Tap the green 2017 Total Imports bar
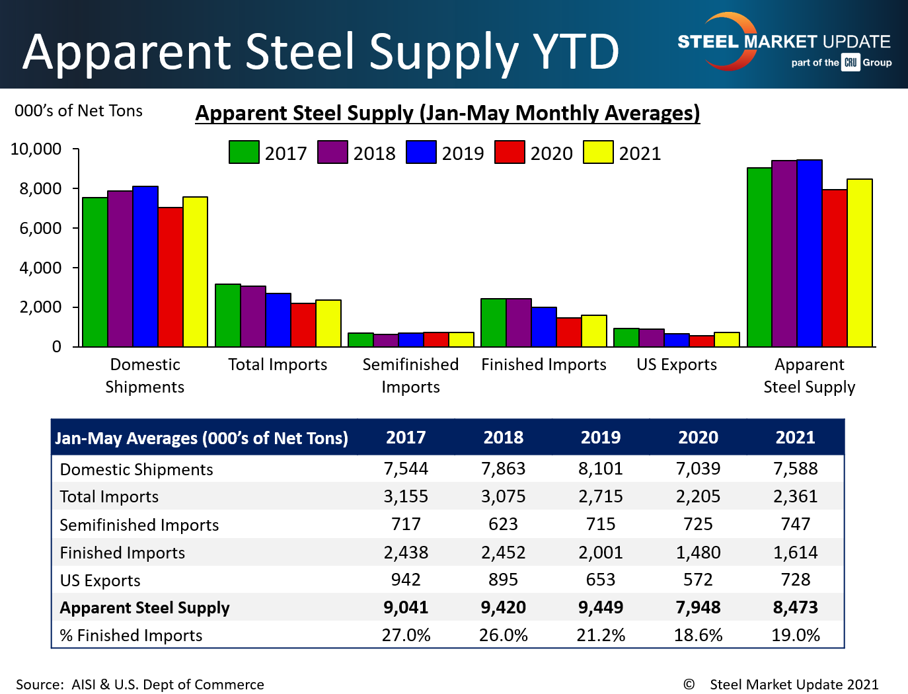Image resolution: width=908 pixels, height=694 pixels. click(228, 315)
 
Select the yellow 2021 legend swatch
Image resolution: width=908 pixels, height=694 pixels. click(598, 152)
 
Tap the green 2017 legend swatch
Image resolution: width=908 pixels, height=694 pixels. click(244, 152)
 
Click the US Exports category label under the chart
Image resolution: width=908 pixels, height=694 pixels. click(676, 365)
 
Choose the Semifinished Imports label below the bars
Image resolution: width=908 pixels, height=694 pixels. click(410, 375)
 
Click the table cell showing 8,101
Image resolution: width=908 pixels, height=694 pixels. click(600, 469)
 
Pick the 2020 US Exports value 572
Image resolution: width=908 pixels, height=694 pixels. click(698, 580)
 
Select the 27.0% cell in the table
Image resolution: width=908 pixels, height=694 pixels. click(406, 635)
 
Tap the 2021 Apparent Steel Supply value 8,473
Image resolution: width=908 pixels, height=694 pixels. click(795, 607)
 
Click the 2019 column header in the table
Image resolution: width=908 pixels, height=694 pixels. click(600, 438)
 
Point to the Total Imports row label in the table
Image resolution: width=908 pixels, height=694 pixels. click(109, 497)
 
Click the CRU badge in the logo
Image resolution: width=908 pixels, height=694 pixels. click(851, 63)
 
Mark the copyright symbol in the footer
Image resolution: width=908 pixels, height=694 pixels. click(689, 684)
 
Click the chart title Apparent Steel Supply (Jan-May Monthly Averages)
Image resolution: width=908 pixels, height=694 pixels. click(447, 113)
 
